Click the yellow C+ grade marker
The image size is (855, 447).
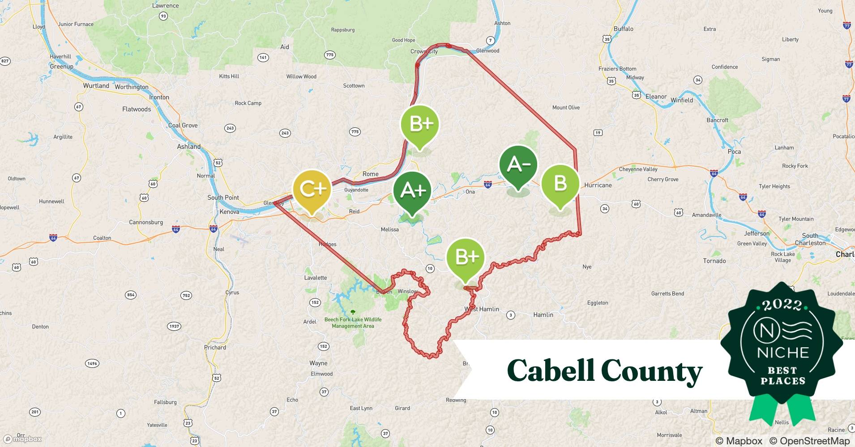coord(312,189)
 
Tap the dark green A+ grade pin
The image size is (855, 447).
coord(412,190)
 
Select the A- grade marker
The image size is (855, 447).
coord(518,165)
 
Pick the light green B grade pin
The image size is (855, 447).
coord(560,183)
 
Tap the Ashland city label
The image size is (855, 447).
coord(188,147)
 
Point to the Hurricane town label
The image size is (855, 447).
coord(598,185)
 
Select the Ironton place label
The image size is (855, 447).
coord(159,97)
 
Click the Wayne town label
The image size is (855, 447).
coord(318,363)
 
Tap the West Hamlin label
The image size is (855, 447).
coord(482,309)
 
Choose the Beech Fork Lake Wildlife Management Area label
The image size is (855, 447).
coord(353,323)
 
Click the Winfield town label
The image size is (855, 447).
coord(681,100)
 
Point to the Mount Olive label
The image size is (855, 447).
coord(566,107)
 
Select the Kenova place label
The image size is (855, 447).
coord(229,212)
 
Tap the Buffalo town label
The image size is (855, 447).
coord(623,29)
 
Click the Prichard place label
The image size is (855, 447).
coord(215,347)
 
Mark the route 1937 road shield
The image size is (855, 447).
coord(174,326)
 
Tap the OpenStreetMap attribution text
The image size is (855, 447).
coord(809,441)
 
